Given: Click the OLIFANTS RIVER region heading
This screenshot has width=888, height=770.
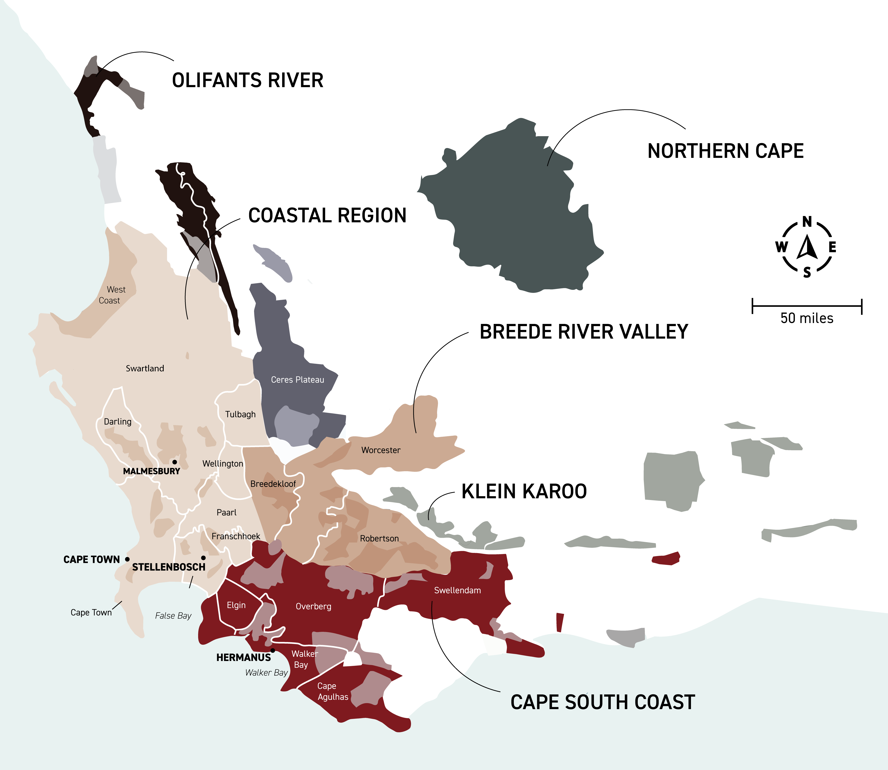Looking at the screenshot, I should [x=248, y=80].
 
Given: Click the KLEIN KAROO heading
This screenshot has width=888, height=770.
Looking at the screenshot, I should [x=524, y=491].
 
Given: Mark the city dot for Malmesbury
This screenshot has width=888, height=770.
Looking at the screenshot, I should [x=174, y=462].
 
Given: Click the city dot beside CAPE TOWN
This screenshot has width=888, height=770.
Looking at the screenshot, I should [x=127, y=559].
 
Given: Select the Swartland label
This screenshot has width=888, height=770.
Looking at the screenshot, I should [x=145, y=368].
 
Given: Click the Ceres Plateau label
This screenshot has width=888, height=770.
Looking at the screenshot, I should [x=297, y=379].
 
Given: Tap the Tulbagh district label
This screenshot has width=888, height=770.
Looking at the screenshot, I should [x=240, y=414].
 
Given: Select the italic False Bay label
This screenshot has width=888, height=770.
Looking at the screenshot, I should [x=173, y=616].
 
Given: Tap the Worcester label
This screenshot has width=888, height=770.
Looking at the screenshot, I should [x=381, y=450].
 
